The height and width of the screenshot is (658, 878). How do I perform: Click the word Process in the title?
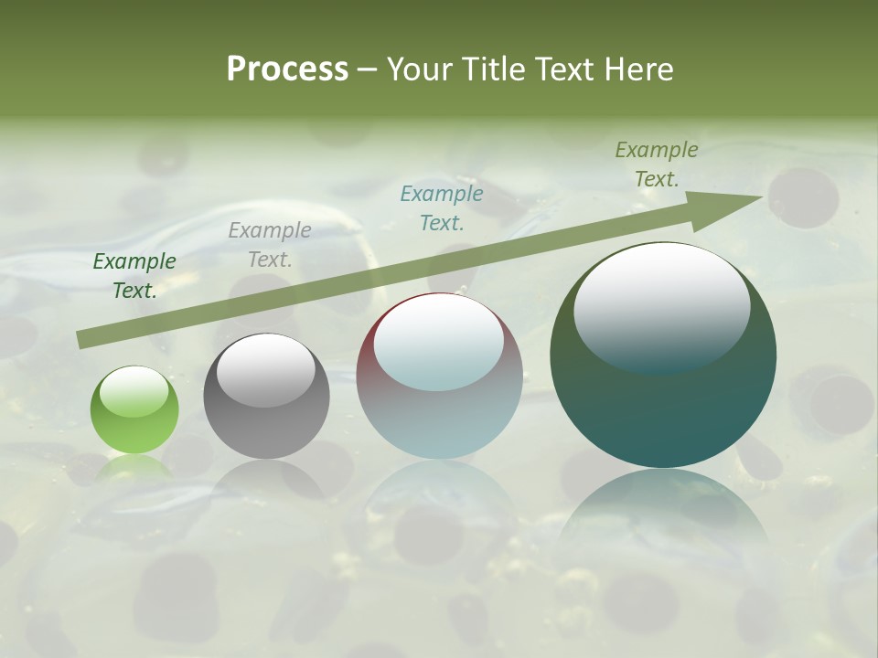[x=287, y=69]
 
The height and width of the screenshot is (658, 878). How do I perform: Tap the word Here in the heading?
[x=637, y=69]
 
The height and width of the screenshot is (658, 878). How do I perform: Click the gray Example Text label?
[x=270, y=245]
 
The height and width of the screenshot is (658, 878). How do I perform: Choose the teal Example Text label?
[x=442, y=208]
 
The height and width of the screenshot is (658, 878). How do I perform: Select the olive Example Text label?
[x=657, y=164]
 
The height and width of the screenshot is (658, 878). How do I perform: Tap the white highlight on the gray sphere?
[x=265, y=370]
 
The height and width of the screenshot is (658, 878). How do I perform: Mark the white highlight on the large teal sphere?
[x=661, y=306]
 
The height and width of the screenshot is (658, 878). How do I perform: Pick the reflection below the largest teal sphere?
[x=663, y=512]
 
